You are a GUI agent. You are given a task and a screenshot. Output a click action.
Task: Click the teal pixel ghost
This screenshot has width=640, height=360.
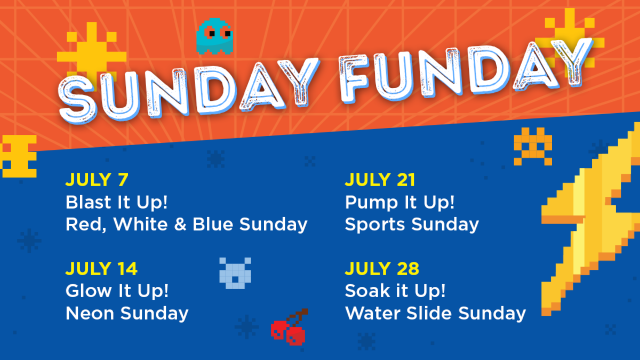pos(214,37)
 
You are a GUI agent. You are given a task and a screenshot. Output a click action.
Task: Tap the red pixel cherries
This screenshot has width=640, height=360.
pos(289,327)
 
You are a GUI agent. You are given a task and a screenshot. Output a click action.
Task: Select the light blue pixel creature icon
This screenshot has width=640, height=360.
pos(235,273)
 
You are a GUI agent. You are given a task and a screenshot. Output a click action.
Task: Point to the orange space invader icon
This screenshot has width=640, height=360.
pos(533,146)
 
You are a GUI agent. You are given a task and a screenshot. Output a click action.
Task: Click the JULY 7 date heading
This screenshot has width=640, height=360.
pos(97,180)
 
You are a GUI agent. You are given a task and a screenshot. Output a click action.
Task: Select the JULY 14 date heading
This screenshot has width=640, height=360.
pos(101,269)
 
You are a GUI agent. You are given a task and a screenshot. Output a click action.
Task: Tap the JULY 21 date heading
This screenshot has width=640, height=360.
pos(380,180)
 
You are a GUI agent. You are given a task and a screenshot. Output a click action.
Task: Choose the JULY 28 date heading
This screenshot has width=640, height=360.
pos(382,269)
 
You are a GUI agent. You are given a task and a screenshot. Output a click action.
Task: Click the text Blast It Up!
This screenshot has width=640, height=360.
pos(117,202)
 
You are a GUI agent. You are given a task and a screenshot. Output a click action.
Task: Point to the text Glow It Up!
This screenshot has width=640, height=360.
pos(117,291)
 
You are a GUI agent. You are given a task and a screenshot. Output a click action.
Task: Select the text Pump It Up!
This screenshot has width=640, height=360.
pos(399,202)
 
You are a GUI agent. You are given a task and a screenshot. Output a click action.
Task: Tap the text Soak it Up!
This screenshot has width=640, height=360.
pos(395,291)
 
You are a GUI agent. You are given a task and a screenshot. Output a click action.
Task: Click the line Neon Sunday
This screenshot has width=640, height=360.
pos(127,314)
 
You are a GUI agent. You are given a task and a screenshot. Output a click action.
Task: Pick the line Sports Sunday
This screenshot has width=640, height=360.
pos(412,225)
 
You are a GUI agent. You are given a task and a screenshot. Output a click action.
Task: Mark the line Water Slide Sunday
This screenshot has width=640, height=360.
pos(435,314)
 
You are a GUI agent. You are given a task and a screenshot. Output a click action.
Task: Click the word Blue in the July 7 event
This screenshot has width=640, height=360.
pos(213,225)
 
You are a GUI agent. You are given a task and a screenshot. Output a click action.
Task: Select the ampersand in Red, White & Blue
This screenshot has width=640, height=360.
pos(180,225)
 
